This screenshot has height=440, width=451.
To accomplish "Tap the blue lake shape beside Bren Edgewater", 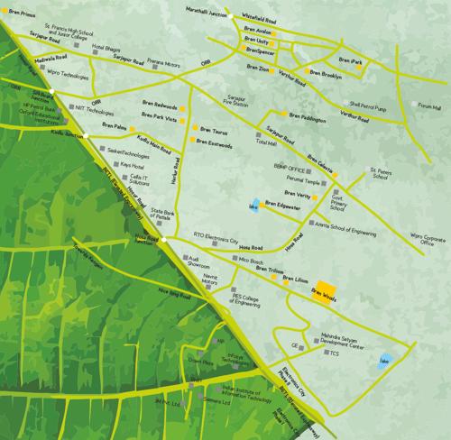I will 256,204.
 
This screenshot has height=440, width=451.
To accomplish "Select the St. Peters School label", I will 386,173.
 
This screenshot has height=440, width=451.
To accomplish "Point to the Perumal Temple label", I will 290,180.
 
